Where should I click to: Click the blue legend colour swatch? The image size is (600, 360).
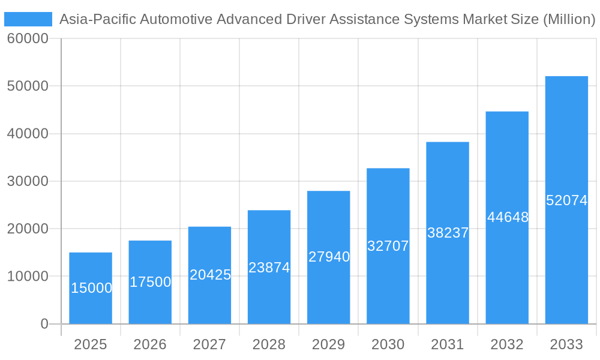coord(28,19)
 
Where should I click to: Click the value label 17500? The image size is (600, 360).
coord(150,282)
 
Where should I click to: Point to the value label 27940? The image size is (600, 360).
coord(329,257)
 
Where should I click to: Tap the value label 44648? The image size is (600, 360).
coord(508,217)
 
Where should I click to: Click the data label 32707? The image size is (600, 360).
coord(388,246)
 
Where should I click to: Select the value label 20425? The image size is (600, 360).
coord(210,275)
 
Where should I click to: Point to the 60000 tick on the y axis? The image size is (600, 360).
coord(28,39)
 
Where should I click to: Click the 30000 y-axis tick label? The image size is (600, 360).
coord(28,181)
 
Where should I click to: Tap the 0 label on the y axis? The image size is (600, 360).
coord(44,324)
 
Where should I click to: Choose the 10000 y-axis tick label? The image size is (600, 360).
coord(28,277)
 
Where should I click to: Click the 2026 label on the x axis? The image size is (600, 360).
coord(150,344)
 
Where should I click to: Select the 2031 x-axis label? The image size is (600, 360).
coord(448,344)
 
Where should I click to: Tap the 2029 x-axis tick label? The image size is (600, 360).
coord(329,344)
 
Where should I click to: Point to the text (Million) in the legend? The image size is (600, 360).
coord(569,19)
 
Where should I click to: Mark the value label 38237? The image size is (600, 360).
coord(448,233)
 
